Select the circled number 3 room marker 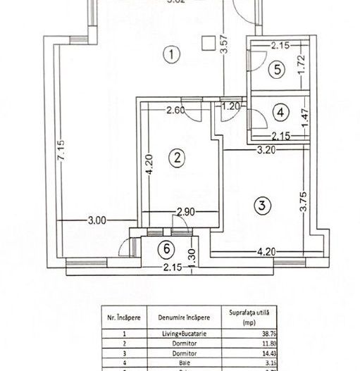tap(261, 206)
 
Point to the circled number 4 tap(280, 112)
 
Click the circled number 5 tap(278, 69)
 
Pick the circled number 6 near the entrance tap(166, 249)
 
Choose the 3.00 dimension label tap(97, 220)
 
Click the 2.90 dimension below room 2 tap(185, 212)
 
